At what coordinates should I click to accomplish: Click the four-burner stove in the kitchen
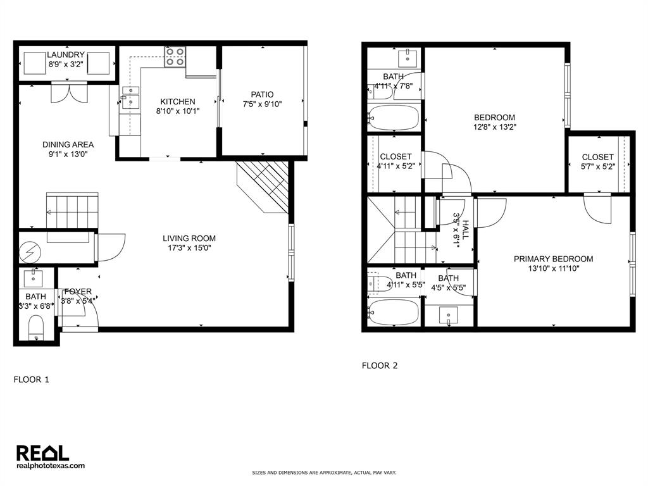[x=175, y=57]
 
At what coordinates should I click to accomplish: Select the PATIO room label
[x=262, y=94]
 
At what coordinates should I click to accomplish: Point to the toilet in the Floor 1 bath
[x=37, y=328]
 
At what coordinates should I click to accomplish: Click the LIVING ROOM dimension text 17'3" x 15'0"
[x=189, y=249]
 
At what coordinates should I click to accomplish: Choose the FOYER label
[x=78, y=291]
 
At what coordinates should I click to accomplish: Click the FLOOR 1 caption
[x=31, y=380]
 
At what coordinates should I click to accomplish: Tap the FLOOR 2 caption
[x=380, y=365]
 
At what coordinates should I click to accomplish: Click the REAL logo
[x=42, y=452]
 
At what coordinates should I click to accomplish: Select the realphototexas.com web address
[x=50, y=466]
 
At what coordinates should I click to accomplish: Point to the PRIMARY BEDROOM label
[x=553, y=259]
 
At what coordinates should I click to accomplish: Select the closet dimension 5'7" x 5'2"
[x=597, y=167]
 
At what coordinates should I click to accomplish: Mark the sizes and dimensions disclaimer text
[x=324, y=473]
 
